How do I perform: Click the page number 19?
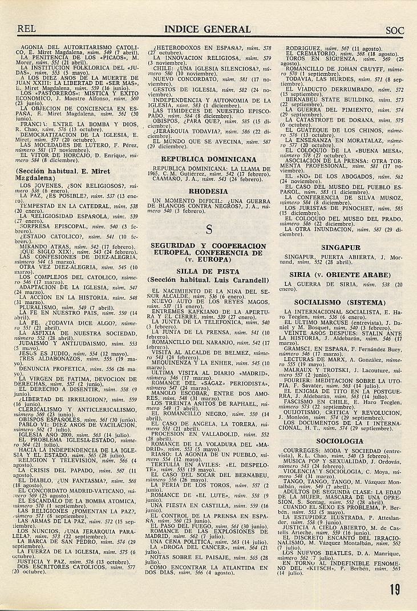coord(395,590)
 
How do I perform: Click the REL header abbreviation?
coord(27,29)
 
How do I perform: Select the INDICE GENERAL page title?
coord(208,29)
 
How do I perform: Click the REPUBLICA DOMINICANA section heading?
coord(208,159)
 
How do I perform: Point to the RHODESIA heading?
coord(208,192)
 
